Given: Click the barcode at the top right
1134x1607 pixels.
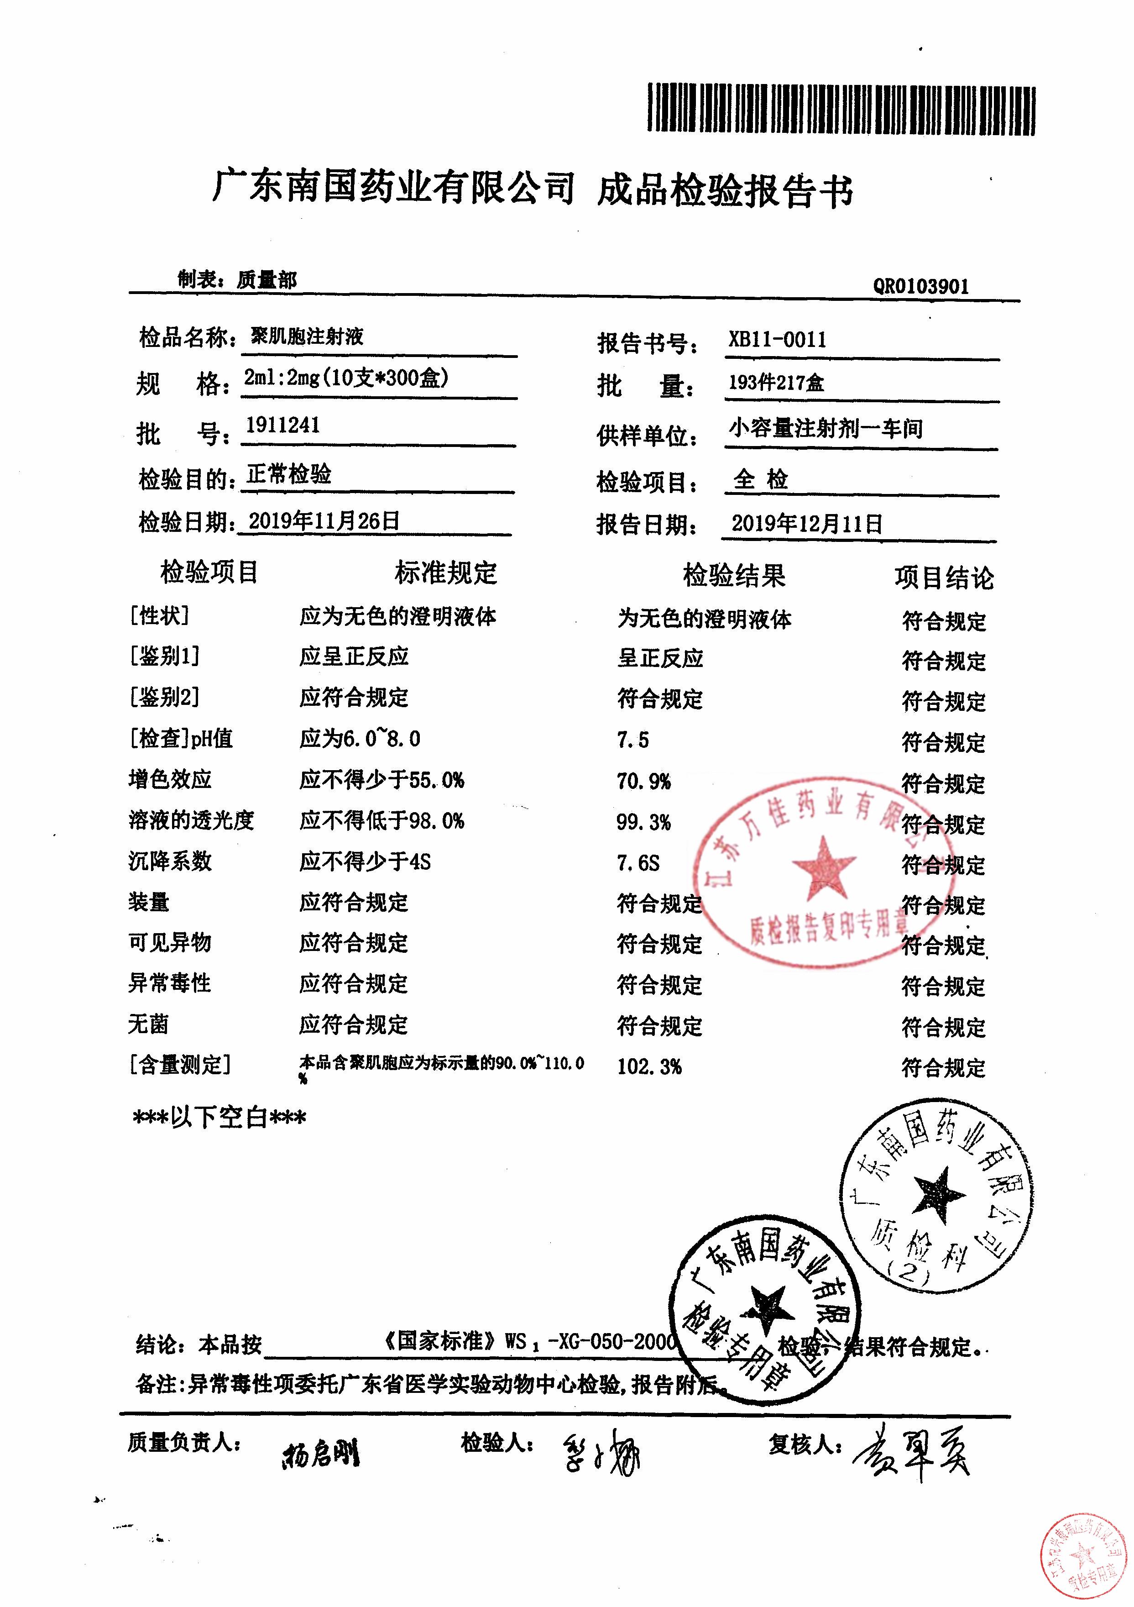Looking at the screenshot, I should (841, 109).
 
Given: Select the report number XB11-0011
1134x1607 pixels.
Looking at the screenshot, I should (777, 340).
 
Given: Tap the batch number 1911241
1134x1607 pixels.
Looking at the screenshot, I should (282, 425).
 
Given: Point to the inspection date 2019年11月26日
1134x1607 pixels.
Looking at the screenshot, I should (324, 521).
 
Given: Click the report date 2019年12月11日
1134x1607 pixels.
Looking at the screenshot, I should (807, 524).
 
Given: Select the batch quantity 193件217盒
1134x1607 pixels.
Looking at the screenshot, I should (776, 383).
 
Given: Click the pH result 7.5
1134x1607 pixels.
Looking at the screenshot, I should (632, 740).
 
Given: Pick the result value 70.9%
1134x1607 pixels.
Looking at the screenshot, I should (643, 781).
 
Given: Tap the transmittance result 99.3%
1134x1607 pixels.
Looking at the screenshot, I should (643, 822).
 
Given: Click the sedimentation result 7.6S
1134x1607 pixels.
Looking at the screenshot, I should (638, 863).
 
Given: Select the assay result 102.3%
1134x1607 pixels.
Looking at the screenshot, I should (648, 1066).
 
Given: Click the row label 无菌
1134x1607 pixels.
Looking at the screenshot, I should (148, 1024).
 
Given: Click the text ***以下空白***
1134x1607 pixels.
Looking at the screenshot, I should (219, 1118).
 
